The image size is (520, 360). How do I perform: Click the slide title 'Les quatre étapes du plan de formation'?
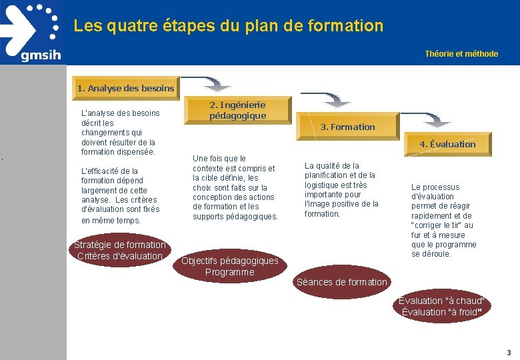click(229, 26)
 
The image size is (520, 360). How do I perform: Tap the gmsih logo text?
click(41, 55)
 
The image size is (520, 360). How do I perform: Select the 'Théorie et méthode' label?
click(461, 54)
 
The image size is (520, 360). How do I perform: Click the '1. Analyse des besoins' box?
click(125, 88)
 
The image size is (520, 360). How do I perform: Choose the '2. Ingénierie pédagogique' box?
click(237, 110)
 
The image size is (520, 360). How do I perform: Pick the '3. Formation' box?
click(347, 127)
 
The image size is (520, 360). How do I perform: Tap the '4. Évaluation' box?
click(447, 144)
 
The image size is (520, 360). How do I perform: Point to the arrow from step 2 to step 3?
click(327, 101)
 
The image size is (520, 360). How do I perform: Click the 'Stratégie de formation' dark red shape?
click(120, 250)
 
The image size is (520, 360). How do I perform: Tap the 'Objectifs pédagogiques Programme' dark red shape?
click(229, 266)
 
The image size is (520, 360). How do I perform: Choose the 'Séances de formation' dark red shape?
click(341, 282)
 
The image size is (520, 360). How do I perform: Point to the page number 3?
click(509, 352)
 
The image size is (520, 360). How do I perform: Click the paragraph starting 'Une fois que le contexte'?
click(235, 187)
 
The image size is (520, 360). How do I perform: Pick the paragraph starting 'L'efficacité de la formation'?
click(121, 195)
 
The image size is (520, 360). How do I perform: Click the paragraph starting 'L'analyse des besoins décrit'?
click(120, 132)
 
